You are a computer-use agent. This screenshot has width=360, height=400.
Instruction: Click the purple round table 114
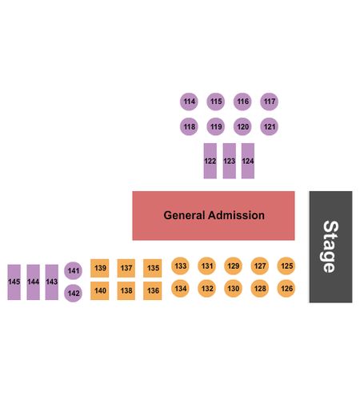(x=189, y=102)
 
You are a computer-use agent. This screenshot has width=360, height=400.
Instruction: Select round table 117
(x=269, y=102)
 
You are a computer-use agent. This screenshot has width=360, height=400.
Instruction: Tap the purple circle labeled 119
(x=216, y=126)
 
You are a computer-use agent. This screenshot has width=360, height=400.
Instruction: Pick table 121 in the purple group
(x=269, y=126)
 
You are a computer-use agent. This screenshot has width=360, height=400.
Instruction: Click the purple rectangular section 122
(x=210, y=161)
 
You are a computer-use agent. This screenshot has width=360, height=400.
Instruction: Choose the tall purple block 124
(x=248, y=161)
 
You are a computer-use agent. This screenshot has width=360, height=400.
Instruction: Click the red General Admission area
(x=214, y=216)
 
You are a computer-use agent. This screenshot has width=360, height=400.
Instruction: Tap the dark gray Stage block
(x=330, y=247)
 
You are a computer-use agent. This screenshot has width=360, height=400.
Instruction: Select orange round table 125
(x=286, y=266)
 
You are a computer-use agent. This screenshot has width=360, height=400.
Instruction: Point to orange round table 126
(x=286, y=288)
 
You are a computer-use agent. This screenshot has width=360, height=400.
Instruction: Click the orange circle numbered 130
(x=234, y=288)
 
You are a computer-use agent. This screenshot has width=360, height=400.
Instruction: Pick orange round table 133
(x=180, y=266)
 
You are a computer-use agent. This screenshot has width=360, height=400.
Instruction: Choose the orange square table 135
(x=153, y=268)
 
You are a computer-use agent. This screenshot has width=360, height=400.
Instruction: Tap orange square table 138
(x=126, y=290)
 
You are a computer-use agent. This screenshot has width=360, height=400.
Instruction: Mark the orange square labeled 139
(x=100, y=268)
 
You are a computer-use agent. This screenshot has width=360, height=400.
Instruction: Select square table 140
(x=100, y=290)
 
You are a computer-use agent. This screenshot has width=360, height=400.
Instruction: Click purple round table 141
(x=73, y=270)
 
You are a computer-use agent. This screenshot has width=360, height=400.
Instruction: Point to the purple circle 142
(x=73, y=293)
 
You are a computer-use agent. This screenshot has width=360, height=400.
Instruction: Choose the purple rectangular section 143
(x=52, y=282)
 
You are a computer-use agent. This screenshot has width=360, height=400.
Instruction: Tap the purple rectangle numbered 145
(x=14, y=282)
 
